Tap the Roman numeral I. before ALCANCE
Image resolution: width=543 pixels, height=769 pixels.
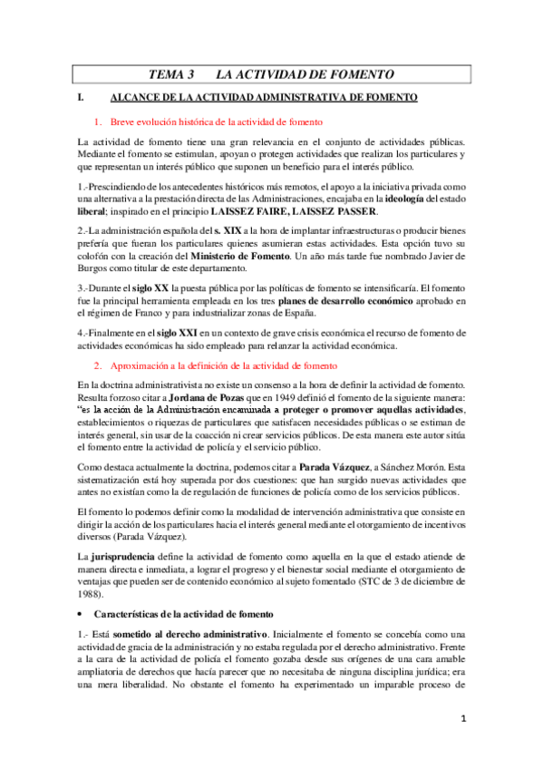pyautogui.click(x=82, y=97)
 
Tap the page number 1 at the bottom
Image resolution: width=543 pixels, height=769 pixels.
pyautogui.click(x=462, y=745)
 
